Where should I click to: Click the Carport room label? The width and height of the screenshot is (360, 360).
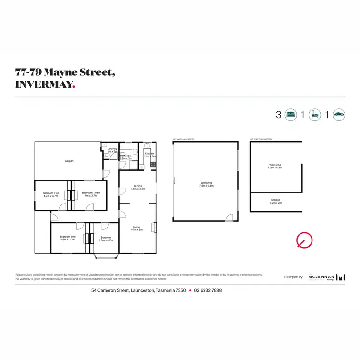(x=69, y=161)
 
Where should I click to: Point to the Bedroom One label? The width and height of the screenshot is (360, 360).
(x=68, y=238)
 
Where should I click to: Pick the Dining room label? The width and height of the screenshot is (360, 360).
(x=138, y=187)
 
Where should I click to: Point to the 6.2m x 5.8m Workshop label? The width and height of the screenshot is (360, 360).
(x=276, y=166)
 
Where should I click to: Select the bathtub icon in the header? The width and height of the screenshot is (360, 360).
(x=315, y=115)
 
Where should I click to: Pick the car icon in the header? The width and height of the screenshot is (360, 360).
(x=339, y=115)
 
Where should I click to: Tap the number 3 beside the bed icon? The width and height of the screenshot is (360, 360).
(x=278, y=115)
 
